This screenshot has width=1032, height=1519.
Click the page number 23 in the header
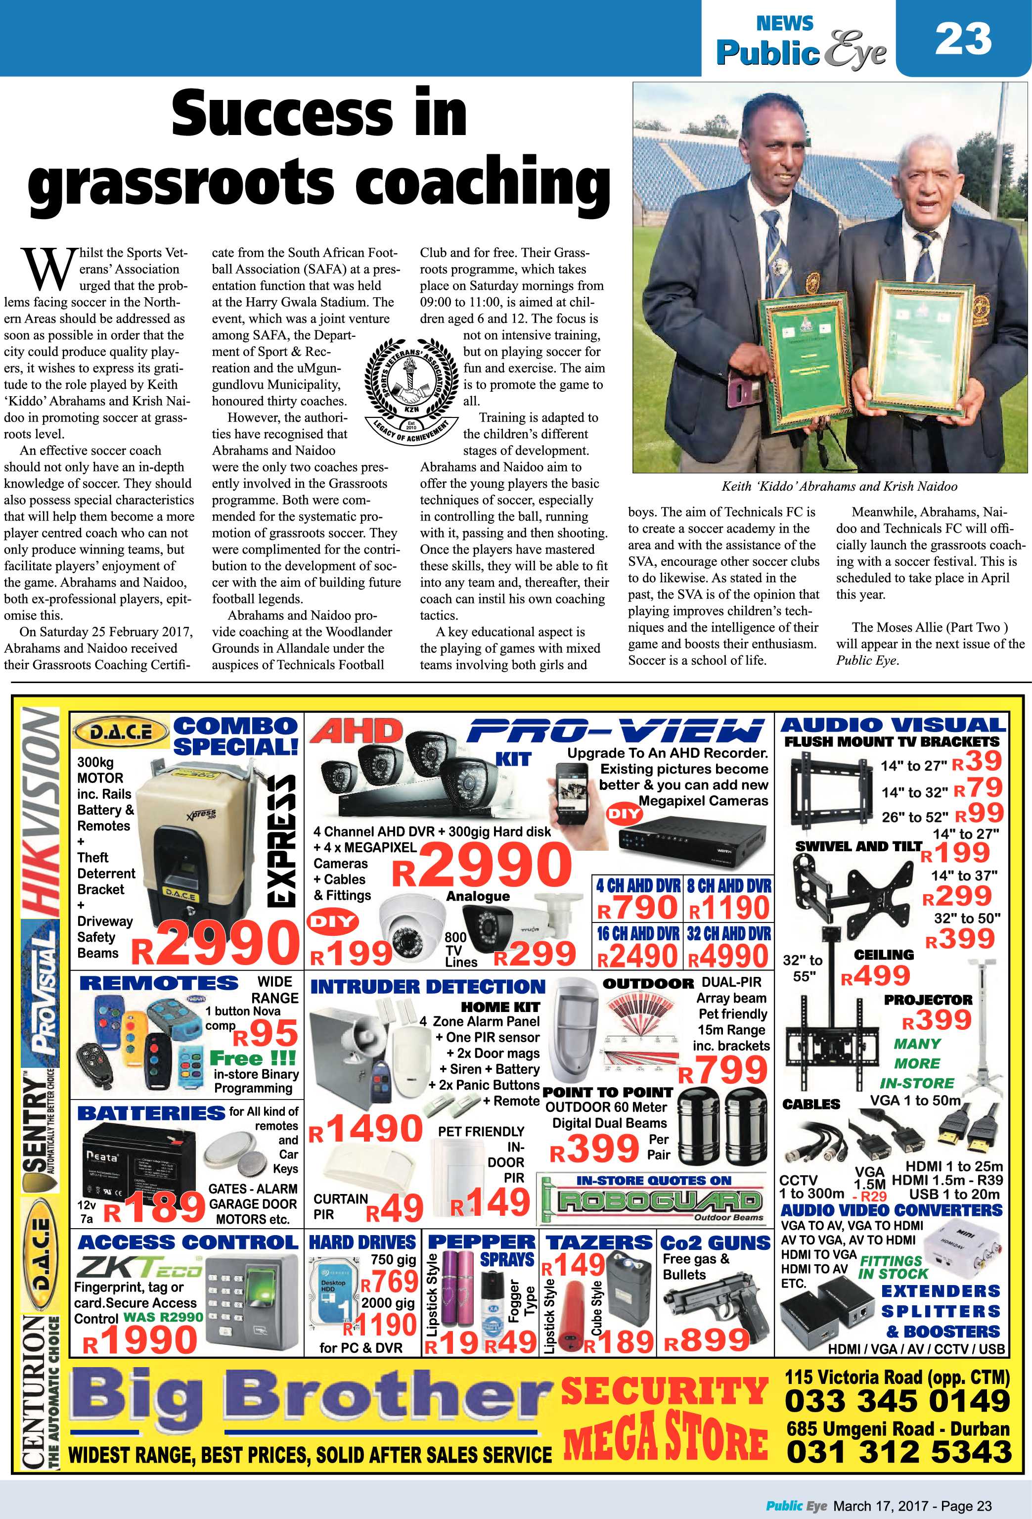pyautogui.click(x=963, y=39)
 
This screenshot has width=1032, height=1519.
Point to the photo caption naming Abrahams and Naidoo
pyautogui.click(x=839, y=486)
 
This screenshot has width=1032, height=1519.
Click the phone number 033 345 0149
pyautogui.click(x=897, y=1401)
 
